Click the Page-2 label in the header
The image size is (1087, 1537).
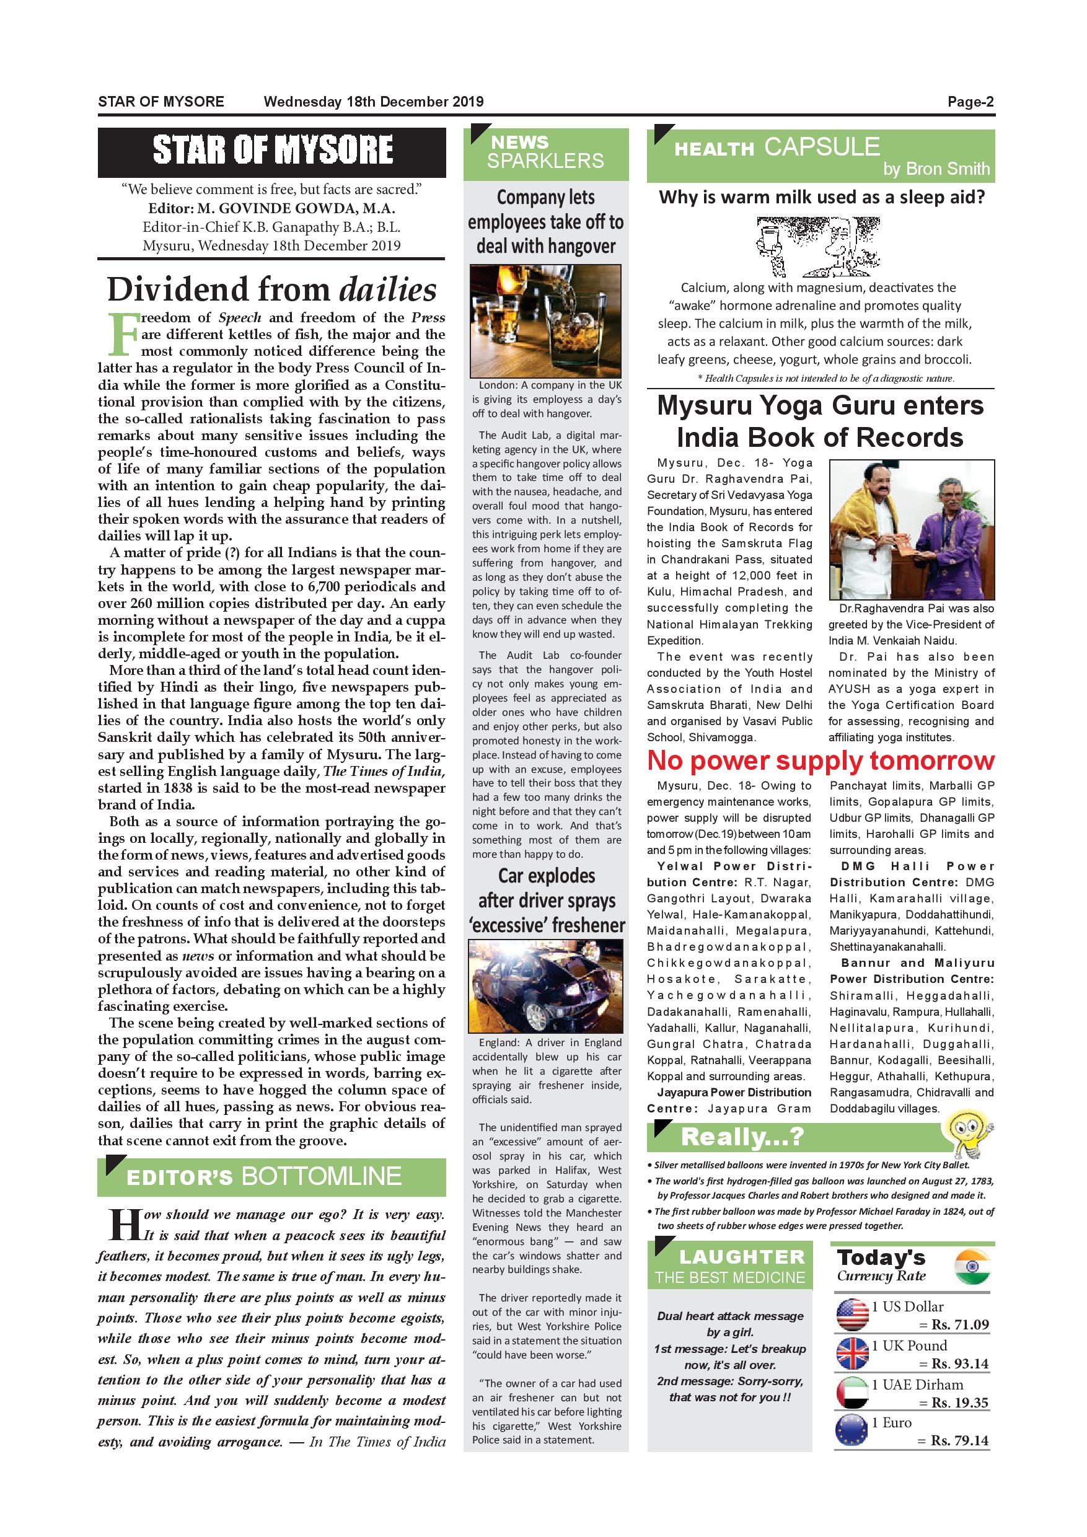coord(970,102)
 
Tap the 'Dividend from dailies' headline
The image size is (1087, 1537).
coord(271,289)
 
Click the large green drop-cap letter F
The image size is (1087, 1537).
coord(122,333)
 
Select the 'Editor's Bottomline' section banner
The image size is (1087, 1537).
coord(271,1176)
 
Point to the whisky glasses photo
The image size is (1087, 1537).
coord(545,321)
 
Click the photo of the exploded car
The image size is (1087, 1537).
coord(545,986)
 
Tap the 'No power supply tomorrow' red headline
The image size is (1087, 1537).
coord(821,760)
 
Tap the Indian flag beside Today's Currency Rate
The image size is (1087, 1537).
coord(972,1267)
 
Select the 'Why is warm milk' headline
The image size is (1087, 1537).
coord(821,198)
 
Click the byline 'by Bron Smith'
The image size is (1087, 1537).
coord(936,169)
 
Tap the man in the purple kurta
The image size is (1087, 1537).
coord(948,535)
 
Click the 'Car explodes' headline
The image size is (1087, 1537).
coord(546,901)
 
